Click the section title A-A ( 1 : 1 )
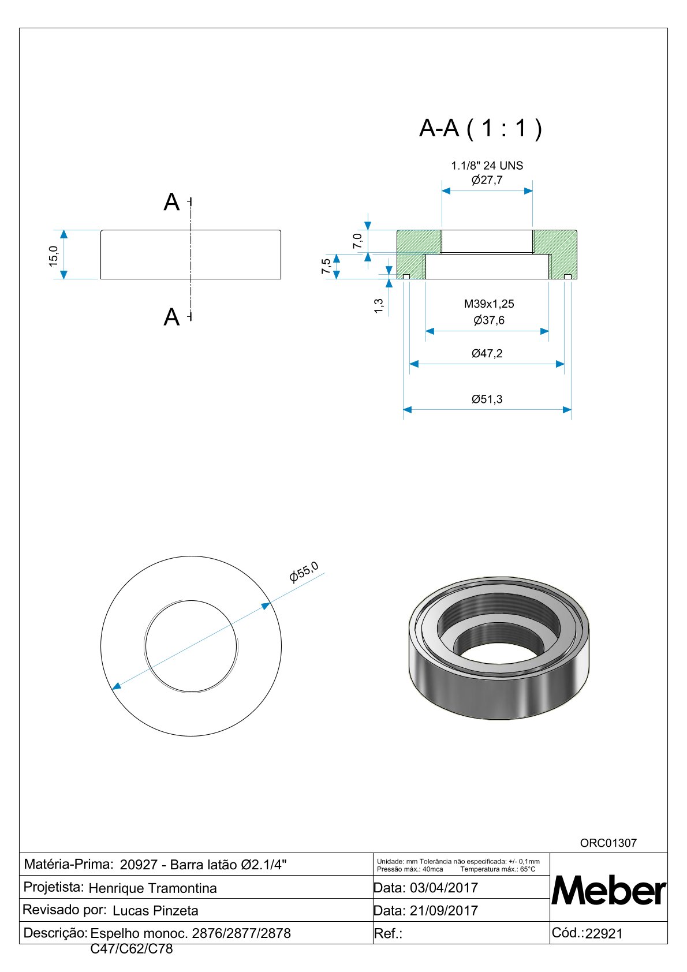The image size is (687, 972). click(x=480, y=128)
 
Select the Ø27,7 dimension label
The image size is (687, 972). click(x=487, y=180)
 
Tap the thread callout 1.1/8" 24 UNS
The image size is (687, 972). click(x=487, y=166)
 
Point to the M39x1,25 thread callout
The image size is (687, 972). click(x=488, y=304)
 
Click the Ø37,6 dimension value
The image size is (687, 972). click(x=488, y=320)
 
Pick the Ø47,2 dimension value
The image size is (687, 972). click(x=487, y=353)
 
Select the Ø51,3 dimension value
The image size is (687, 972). click(x=487, y=399)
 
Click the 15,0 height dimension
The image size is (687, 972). click(x=53, y=255)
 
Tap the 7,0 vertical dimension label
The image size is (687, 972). click(x=357, y=240)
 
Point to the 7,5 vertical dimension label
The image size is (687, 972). click(x=326, y=266)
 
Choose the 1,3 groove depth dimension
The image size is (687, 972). click(x=379, y=306)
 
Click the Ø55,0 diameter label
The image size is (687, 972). click(x=304, y=571)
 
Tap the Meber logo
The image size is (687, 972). click(x=608, y=891)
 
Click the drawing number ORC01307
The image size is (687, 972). click(x=608, y=843)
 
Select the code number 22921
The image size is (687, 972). click(x=604, y=933)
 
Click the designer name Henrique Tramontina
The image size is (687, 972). click(x=152, y=888)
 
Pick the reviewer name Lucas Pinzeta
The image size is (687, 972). click(x=155, y=910)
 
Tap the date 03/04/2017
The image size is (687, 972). click(x=443, y=888)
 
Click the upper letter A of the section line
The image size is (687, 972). click(x=171, y=203)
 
